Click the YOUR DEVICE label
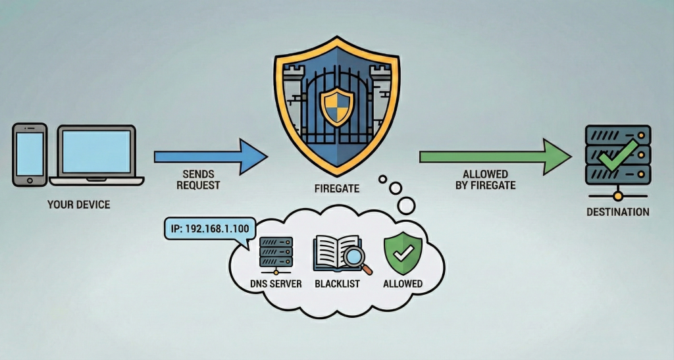click(x=78, y=205)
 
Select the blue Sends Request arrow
click(x=211, y=157)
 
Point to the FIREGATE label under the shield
click(x=336, y=188)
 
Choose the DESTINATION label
click(x=617, y=212)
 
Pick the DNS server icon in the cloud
click(x=276, y=254)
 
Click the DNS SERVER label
click(x=276, y=284)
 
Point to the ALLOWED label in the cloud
click(x=403, y=284)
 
